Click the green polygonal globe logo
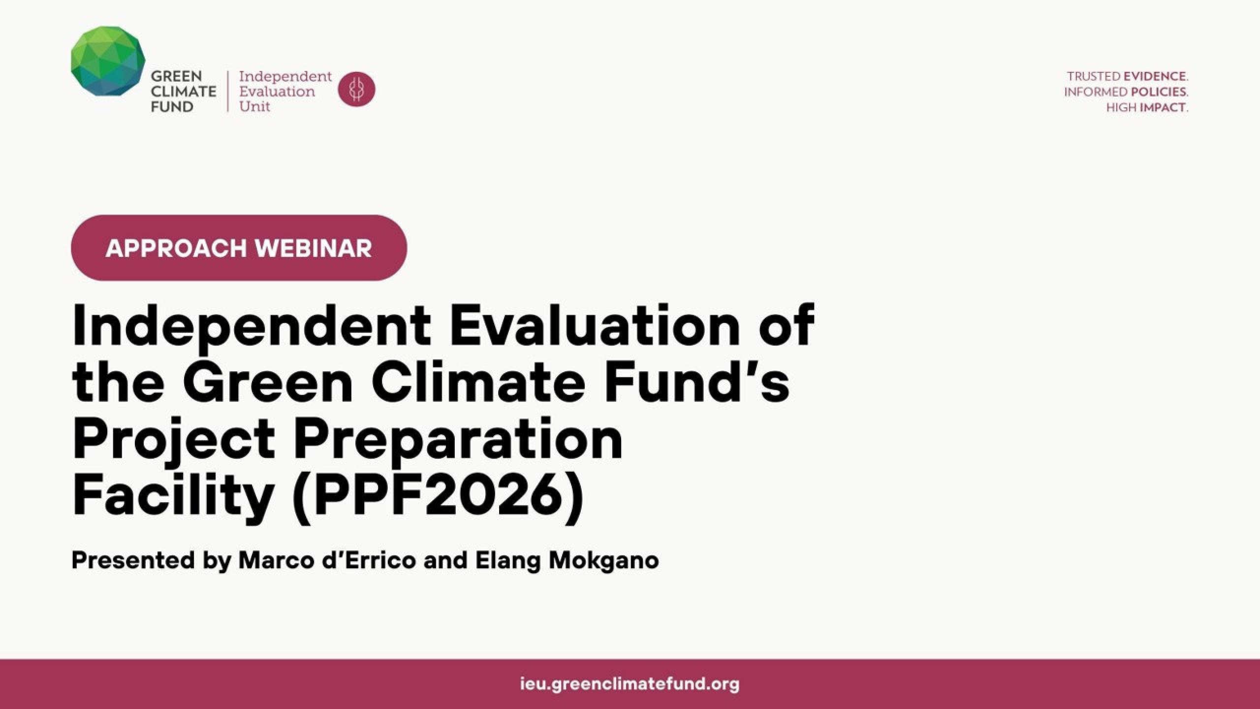point(108,61)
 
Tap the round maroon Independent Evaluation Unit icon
point(356,90)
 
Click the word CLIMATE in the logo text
point(184,92)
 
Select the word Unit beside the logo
point(254,106)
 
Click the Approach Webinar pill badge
point(239,248)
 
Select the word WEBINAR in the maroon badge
point(313,248)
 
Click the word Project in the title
point(174,441)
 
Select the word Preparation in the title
point(458,441)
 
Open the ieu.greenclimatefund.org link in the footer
point(630,684)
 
